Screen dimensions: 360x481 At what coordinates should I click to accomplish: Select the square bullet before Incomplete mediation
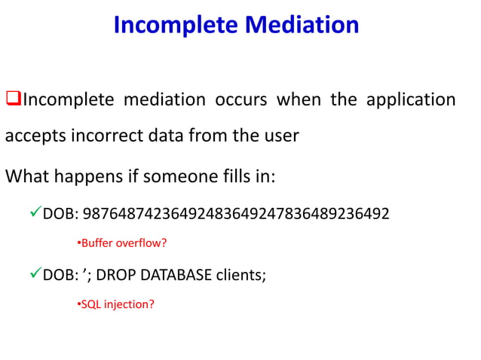pyautogui.click(x=12, y=99)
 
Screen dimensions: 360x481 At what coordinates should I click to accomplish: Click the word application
pyautogui.click(x=411, y=99)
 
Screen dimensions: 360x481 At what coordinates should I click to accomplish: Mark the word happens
pyautogui.click(x=87, y=178)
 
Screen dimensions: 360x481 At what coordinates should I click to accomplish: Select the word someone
pyautogui.click(x=171, y=178)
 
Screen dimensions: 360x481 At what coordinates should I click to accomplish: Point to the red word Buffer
pyautogui.click(x=96, y=243)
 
